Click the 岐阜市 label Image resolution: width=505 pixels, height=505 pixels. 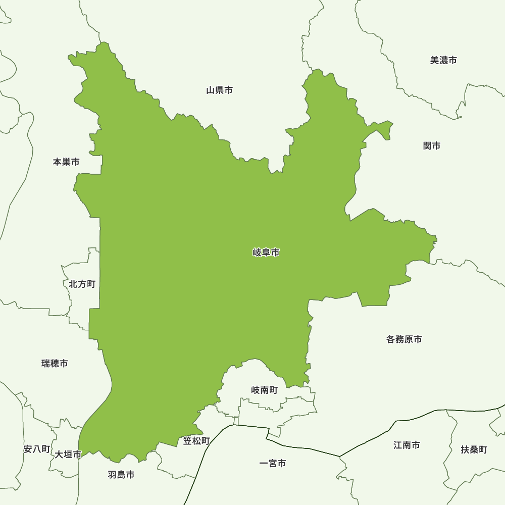[266, 252]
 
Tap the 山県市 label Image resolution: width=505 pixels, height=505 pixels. [220, 90]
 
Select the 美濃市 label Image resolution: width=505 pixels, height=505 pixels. [443, 60]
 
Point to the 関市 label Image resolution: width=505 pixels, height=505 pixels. [432, 146]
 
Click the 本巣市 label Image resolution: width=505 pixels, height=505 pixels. [66, 162]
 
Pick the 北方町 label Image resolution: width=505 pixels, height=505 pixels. [82, 284]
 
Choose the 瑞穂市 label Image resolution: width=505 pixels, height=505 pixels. [55, 364]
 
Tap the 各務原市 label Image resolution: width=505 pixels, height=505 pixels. [404, 339]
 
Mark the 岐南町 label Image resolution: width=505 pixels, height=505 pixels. [265, 390]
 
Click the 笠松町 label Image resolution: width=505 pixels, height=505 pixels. [196, 441]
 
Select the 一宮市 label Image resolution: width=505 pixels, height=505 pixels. [273, 463]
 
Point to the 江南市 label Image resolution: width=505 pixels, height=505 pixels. [407, 445]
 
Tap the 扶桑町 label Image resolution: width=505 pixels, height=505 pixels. [474, 449]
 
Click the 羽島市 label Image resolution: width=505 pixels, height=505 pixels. [121, 475]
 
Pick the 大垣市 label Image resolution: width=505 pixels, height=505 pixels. [68, 454]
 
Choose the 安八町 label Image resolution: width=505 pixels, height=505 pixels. [37, 449]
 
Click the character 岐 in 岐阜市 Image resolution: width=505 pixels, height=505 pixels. [257, 252]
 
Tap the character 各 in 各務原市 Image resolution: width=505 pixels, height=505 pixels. [391, 339]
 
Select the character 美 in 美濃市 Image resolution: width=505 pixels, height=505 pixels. [434, 60]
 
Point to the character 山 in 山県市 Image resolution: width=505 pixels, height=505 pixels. [211, 90]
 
